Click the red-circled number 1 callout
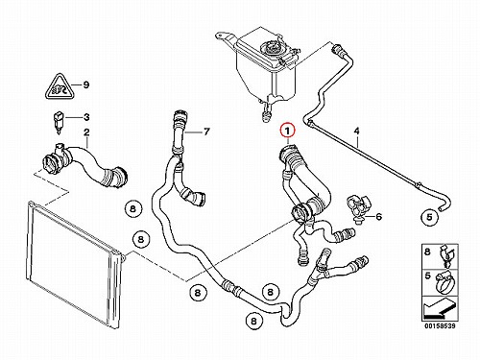[x=287, y=131]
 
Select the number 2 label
[x=86, y=132]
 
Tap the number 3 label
[x=86, y=117]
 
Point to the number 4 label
[x=357, y=131]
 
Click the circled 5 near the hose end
[x=429, y=217]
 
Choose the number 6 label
[x=379, y=217]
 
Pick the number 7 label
[x=206, y=132]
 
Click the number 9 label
[x=85, y=84]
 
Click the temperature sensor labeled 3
[x=59, y=123]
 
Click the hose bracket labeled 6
[x=359, y=207]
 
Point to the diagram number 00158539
[x=440, y=326]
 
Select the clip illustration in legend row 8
[x=446, y=256]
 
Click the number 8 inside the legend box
[x=427, y=252]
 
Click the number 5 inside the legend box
[x=427, y=276]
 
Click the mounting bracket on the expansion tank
[x=227, y=37]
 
